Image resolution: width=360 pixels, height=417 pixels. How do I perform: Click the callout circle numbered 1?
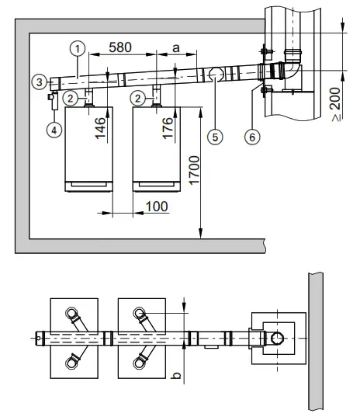(x=78, y=49)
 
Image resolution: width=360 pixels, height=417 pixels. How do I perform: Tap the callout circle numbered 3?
(x=40, y=82)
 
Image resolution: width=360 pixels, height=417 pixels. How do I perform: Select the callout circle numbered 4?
(x=54, y=130)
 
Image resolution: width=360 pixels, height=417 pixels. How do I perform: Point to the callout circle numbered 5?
(x=215, y=137)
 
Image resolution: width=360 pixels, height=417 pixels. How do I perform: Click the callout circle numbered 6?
(x=252, y=137)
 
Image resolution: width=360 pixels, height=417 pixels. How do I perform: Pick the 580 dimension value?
(x=120, y=47)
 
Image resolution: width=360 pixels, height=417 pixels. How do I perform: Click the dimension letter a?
(x=176, y=48)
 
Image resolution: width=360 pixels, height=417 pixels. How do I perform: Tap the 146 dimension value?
(x=100, y=128)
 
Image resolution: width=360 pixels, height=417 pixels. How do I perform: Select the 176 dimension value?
(x=168, y=128)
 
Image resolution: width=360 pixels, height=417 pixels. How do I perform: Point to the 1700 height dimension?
(x=194, y=170)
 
